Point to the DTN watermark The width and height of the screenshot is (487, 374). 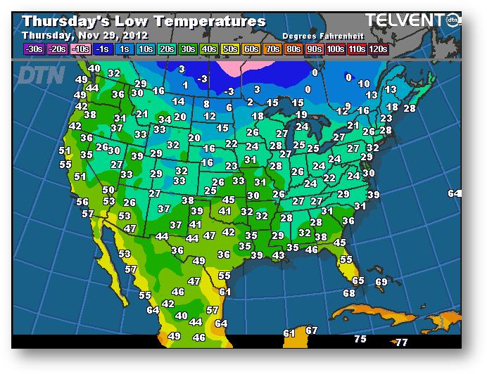tap(41, 75)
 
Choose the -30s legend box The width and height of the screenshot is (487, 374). tap(33, 49)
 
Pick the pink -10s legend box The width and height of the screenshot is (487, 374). tap(81, 49)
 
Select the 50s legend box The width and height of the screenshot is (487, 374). tap(230, 49)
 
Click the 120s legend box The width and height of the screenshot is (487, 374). tap(378, 49)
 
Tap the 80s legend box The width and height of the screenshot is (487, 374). tap(292, 49)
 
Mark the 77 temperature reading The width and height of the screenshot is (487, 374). tap(401, 342)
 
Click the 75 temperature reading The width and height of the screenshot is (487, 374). tap(360, 339)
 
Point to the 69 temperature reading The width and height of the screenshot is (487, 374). tap(381, 282)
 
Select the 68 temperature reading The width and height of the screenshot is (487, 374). tap(349, 292)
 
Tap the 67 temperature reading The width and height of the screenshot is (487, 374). tap(312, 330)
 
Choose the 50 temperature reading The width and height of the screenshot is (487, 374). tap(108, 189)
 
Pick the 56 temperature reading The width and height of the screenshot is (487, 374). tap(82, 202)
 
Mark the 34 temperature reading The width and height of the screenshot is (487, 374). tap(164, 120)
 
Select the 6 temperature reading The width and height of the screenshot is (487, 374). tap(229, 108)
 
